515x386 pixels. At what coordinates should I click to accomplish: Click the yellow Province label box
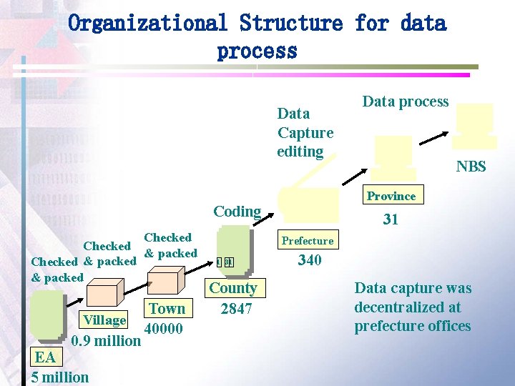pyautogui.click(x=391, y=196)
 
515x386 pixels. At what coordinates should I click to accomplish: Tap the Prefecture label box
pyautogui.click(x=308, y=241)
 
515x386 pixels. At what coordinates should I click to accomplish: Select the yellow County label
pyautogui.click(x=233, y=288)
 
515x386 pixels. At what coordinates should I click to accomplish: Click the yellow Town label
pyautogui.click(x=167, y=309)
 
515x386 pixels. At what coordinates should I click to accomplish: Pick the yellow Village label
pyautogui.click(x=105, y=320)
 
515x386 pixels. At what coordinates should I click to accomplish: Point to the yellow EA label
pyautogui.click(x=45, y=357)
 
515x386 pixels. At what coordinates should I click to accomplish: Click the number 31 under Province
pyautogui.click(x=391, y=219)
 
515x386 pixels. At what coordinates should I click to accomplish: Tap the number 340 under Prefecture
pyautogui.click(x=309, y=260)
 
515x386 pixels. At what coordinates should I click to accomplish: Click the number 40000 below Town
pyautogui.click(x=163, y=330)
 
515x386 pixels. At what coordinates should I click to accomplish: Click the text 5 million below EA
pyautogui.click(x=60, y=377)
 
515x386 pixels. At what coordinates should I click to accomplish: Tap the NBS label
pyautogui.click(x=471, y=167)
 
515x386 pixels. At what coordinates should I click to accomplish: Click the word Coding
pyautogui.click(x=237, y=211)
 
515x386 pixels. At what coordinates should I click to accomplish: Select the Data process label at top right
pyautogui.click(x=406, y=102)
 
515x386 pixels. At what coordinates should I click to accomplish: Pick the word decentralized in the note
pyautogui.click(x=408, y=307)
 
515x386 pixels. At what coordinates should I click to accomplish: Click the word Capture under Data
pyautogui.click(x=305, y=132)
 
